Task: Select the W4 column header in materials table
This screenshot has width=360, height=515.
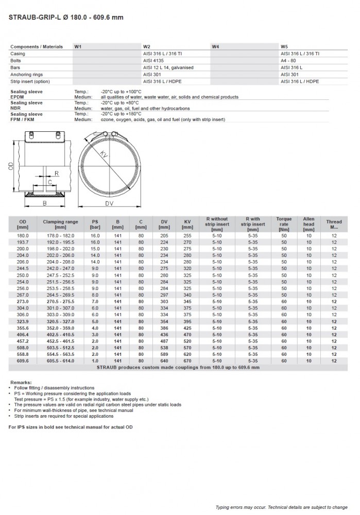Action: (x=215, y=46)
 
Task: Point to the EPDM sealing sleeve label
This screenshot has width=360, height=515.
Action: (x=18, y=97)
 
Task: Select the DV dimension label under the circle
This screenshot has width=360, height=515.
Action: (x=109, y=204)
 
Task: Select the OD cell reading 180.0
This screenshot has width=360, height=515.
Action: (x=23, y=235)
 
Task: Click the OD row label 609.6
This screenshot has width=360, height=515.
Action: (x=23, y=361)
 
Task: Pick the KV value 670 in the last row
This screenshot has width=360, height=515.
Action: (x=187, y=361)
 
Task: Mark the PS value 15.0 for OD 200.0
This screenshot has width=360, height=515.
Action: (x=95, y=249)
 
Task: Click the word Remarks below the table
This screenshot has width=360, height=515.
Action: (x=21, y=382)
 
